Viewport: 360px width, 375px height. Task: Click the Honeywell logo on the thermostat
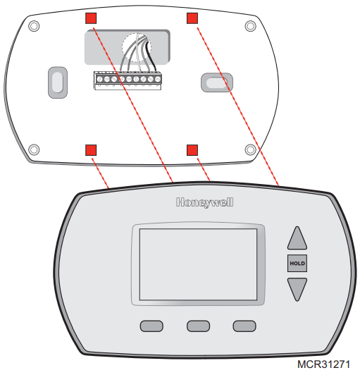[x=204, y=203]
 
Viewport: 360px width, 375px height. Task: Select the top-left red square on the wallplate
[x=91, y=17]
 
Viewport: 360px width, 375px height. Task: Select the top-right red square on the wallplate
[x=192, y=17]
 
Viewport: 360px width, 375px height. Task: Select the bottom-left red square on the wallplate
[x=91, y=149]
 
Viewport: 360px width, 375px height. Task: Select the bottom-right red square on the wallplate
[x=192, y=149]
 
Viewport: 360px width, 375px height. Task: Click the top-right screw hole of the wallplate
[x=250, y=26]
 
